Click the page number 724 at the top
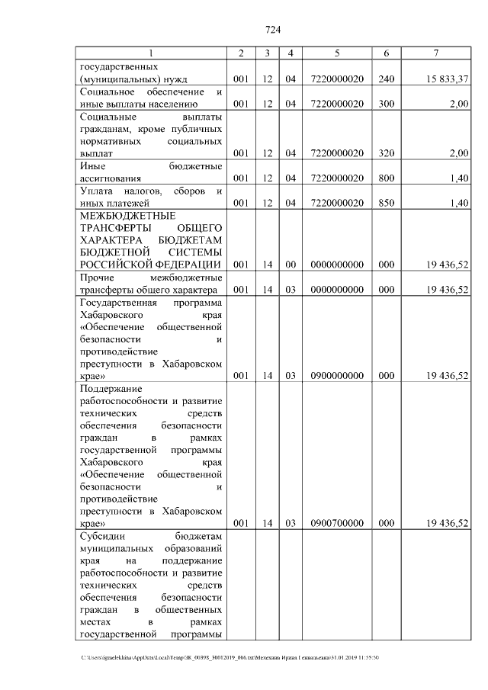[x=273, y=30]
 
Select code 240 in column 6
[x=387, y=79]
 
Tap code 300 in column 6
[x=387, y=104]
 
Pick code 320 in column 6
[x=387, y=153]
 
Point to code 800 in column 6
[x=387, y=178]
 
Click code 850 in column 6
[x=387, y=203]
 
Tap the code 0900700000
[x=336, y=523]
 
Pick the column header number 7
[x=435, y=53]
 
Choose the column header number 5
[x=336, y=53]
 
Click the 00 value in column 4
[x=291, y=265]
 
